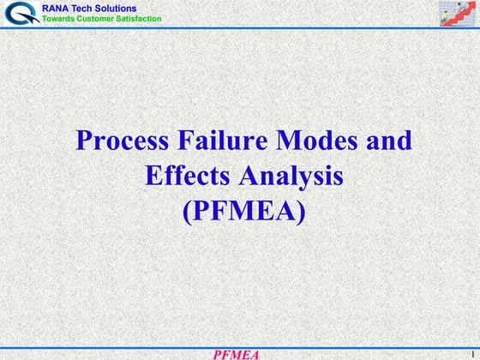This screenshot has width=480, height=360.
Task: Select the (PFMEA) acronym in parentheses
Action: pos(243,210)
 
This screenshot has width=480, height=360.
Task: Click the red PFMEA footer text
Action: pos(237,353)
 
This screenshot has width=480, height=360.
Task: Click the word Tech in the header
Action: pos(86,9)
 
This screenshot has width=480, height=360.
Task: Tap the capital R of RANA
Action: pos(45,9)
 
